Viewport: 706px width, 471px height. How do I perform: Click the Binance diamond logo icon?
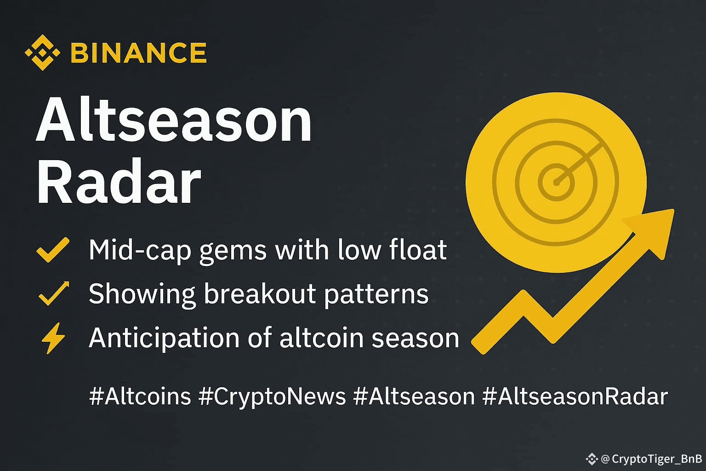[x=43, y=53]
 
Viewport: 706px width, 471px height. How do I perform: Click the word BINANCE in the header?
[x=139, y=53]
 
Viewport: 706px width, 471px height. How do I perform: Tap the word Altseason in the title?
[x=174, y=120]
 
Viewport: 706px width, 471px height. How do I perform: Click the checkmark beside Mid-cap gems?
[x=53, y=250]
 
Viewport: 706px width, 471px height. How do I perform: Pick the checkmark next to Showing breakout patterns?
[x=54, y=293]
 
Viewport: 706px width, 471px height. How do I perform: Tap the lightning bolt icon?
[x=53, y=338]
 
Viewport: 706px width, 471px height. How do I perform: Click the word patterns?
[x=376, y=295]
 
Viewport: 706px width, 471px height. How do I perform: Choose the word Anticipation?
[x=164, y=339]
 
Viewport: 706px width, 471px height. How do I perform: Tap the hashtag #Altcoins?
[x=140, y=396]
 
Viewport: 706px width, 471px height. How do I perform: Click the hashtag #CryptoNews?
[x=272, y=397]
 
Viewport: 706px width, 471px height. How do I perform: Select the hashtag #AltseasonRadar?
[x=575, y=396]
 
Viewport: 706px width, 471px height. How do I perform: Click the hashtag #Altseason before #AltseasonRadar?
[x=414, y=396]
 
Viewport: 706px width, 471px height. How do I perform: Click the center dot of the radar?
[x=557, y=182]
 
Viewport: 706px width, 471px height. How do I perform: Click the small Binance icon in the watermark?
[x=592, y=459]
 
